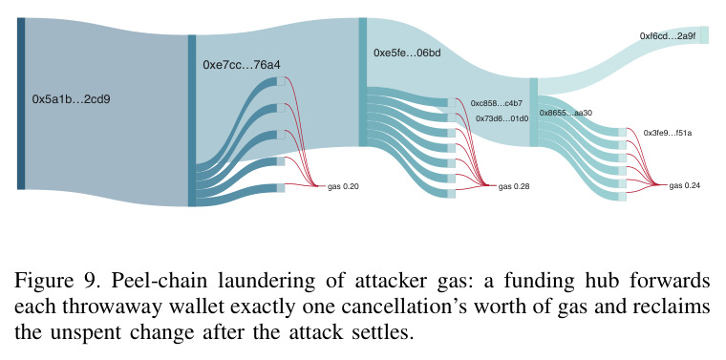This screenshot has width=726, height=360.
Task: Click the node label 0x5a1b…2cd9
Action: coord(71,99)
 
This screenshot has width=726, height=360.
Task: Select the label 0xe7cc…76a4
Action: coord(242,65)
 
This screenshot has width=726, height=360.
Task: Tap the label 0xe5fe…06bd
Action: coord(407,53)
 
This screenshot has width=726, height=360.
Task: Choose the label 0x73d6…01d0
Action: coord(502,118)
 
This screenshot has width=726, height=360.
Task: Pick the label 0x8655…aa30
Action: coord(566,113)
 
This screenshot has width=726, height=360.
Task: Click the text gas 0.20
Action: coord(343,186)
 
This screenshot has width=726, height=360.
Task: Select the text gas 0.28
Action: coord(514,186)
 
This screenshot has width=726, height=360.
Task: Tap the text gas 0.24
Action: coord(684,185)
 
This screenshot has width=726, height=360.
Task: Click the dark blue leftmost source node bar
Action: coord(21,104)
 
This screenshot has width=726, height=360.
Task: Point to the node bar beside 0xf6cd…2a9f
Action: coord(704,35)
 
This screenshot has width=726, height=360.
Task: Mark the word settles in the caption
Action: coord(379,332)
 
